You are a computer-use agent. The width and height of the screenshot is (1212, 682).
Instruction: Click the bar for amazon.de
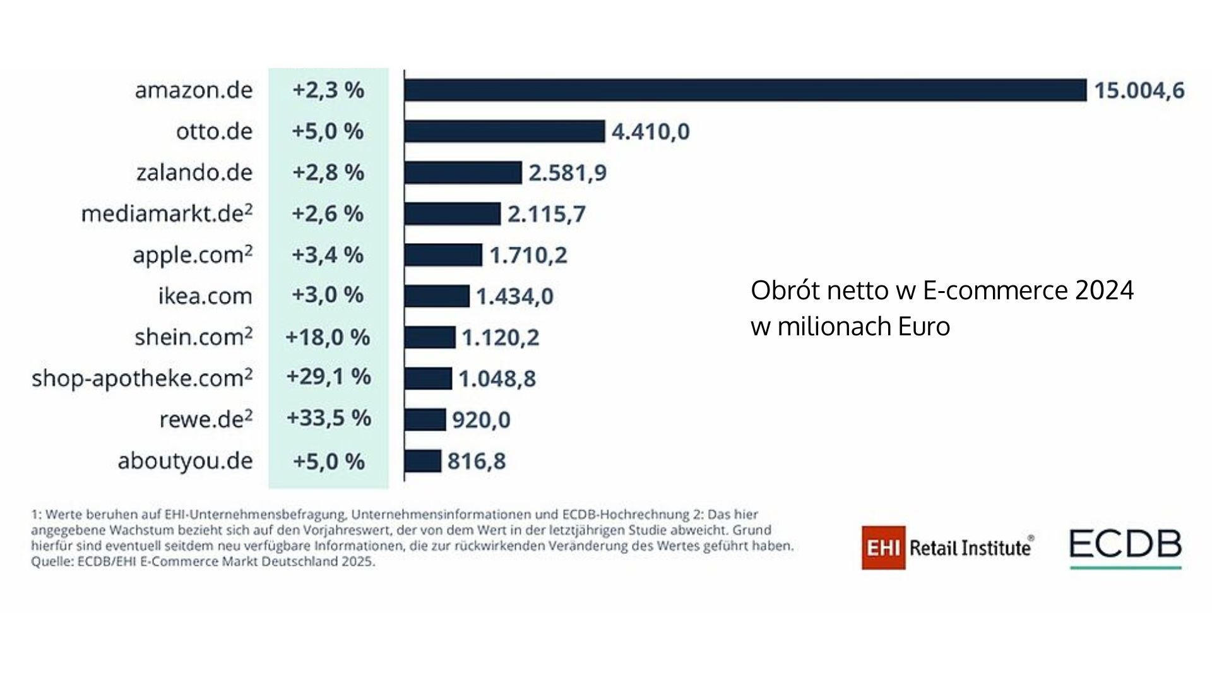(745, 90)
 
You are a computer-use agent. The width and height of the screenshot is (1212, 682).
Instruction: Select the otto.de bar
(504, 131)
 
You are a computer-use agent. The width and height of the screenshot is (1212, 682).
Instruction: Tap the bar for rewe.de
(425, 419)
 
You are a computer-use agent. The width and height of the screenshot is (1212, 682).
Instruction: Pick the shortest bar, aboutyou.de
(422, 461)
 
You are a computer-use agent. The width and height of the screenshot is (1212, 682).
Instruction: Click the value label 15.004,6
(1139, 91)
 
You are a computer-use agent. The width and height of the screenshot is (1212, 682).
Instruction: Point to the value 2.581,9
(567, 172)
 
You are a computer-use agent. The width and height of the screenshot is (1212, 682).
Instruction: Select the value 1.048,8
(497, 379)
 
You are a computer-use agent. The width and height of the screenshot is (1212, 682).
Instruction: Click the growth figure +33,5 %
(328, 418)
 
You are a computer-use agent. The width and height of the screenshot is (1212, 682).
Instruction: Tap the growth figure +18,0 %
(328, 337)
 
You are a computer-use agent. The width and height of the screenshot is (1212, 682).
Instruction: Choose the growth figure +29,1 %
(328, 377)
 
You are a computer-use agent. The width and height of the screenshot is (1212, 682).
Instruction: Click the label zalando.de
(194, 172)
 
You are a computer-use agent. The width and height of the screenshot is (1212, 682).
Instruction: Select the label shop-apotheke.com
(142, 378)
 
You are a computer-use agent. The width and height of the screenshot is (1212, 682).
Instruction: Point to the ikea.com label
(205, 296)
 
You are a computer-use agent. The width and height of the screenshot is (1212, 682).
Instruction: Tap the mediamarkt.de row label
(167, 213)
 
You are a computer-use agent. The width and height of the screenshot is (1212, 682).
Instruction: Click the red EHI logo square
(883, 547)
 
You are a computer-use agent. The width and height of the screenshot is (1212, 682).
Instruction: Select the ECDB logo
(1125, 545)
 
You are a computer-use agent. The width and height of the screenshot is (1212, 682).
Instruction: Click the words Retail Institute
(970, 547)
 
